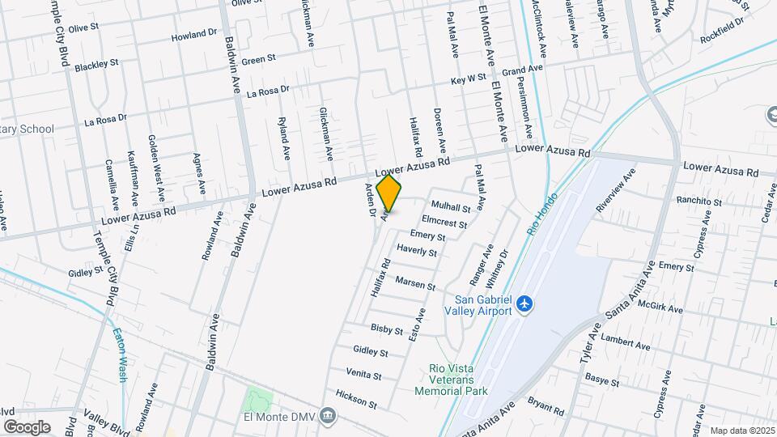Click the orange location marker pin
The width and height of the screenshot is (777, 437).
389,193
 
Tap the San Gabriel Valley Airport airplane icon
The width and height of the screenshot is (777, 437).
525,303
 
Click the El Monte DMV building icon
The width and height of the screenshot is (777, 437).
327,416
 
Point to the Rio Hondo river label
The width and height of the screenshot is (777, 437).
537,221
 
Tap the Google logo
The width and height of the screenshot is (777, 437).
27,426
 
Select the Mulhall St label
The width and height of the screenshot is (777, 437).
451,208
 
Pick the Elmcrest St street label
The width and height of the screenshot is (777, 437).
444,221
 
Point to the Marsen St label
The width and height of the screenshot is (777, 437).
416,283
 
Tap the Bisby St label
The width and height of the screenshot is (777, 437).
386,329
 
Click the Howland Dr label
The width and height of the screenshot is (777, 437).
195,36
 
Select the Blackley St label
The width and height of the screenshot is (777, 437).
96,64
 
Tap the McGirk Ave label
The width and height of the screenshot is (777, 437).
661,308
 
